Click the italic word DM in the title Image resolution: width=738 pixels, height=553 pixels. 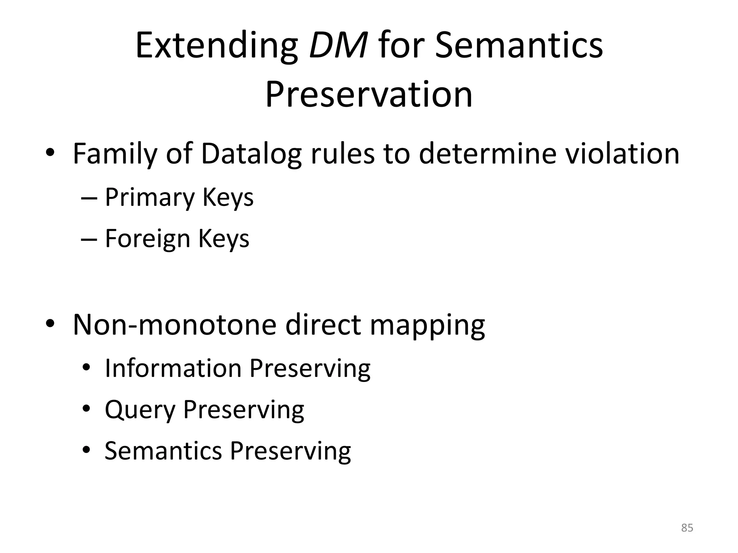(x=338, y=46)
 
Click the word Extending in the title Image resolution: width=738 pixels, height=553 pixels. (x=217, y=46)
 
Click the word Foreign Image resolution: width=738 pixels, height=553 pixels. (x=147, y=238)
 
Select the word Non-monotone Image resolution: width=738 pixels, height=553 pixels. (x=174, y=325)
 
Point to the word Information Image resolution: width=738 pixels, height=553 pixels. (x=173, y=368)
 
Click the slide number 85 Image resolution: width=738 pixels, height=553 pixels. (x=687, y=528)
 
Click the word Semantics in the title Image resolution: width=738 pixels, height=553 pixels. (x=519, y=46)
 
